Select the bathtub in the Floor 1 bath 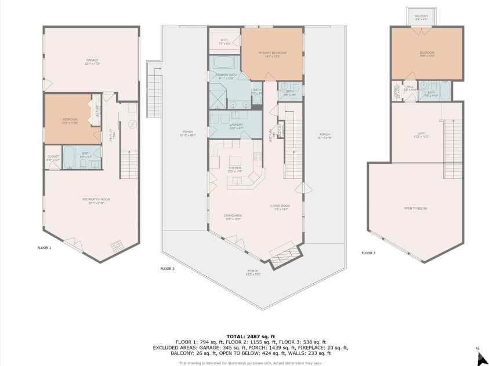click(67, 156)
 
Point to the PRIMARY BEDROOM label click(272, 53)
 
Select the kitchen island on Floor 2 click(235, 160)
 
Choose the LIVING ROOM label click(280, 207)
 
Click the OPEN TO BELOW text click(415, 208)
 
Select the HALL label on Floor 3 click(410, 87)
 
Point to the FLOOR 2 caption click(167, 269)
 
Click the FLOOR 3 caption click(368, 253)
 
